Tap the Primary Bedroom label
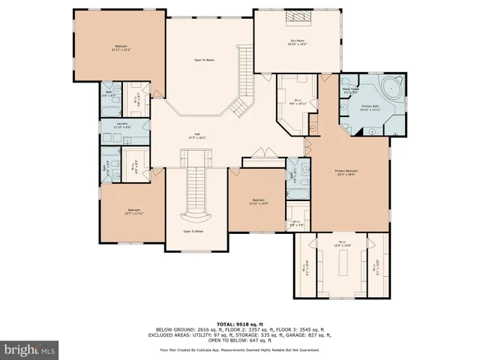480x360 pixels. click(346, 172)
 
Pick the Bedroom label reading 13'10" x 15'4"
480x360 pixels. click(259, 202)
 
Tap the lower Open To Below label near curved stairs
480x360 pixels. click(193, 232)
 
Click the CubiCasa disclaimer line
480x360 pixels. click(240, 349)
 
